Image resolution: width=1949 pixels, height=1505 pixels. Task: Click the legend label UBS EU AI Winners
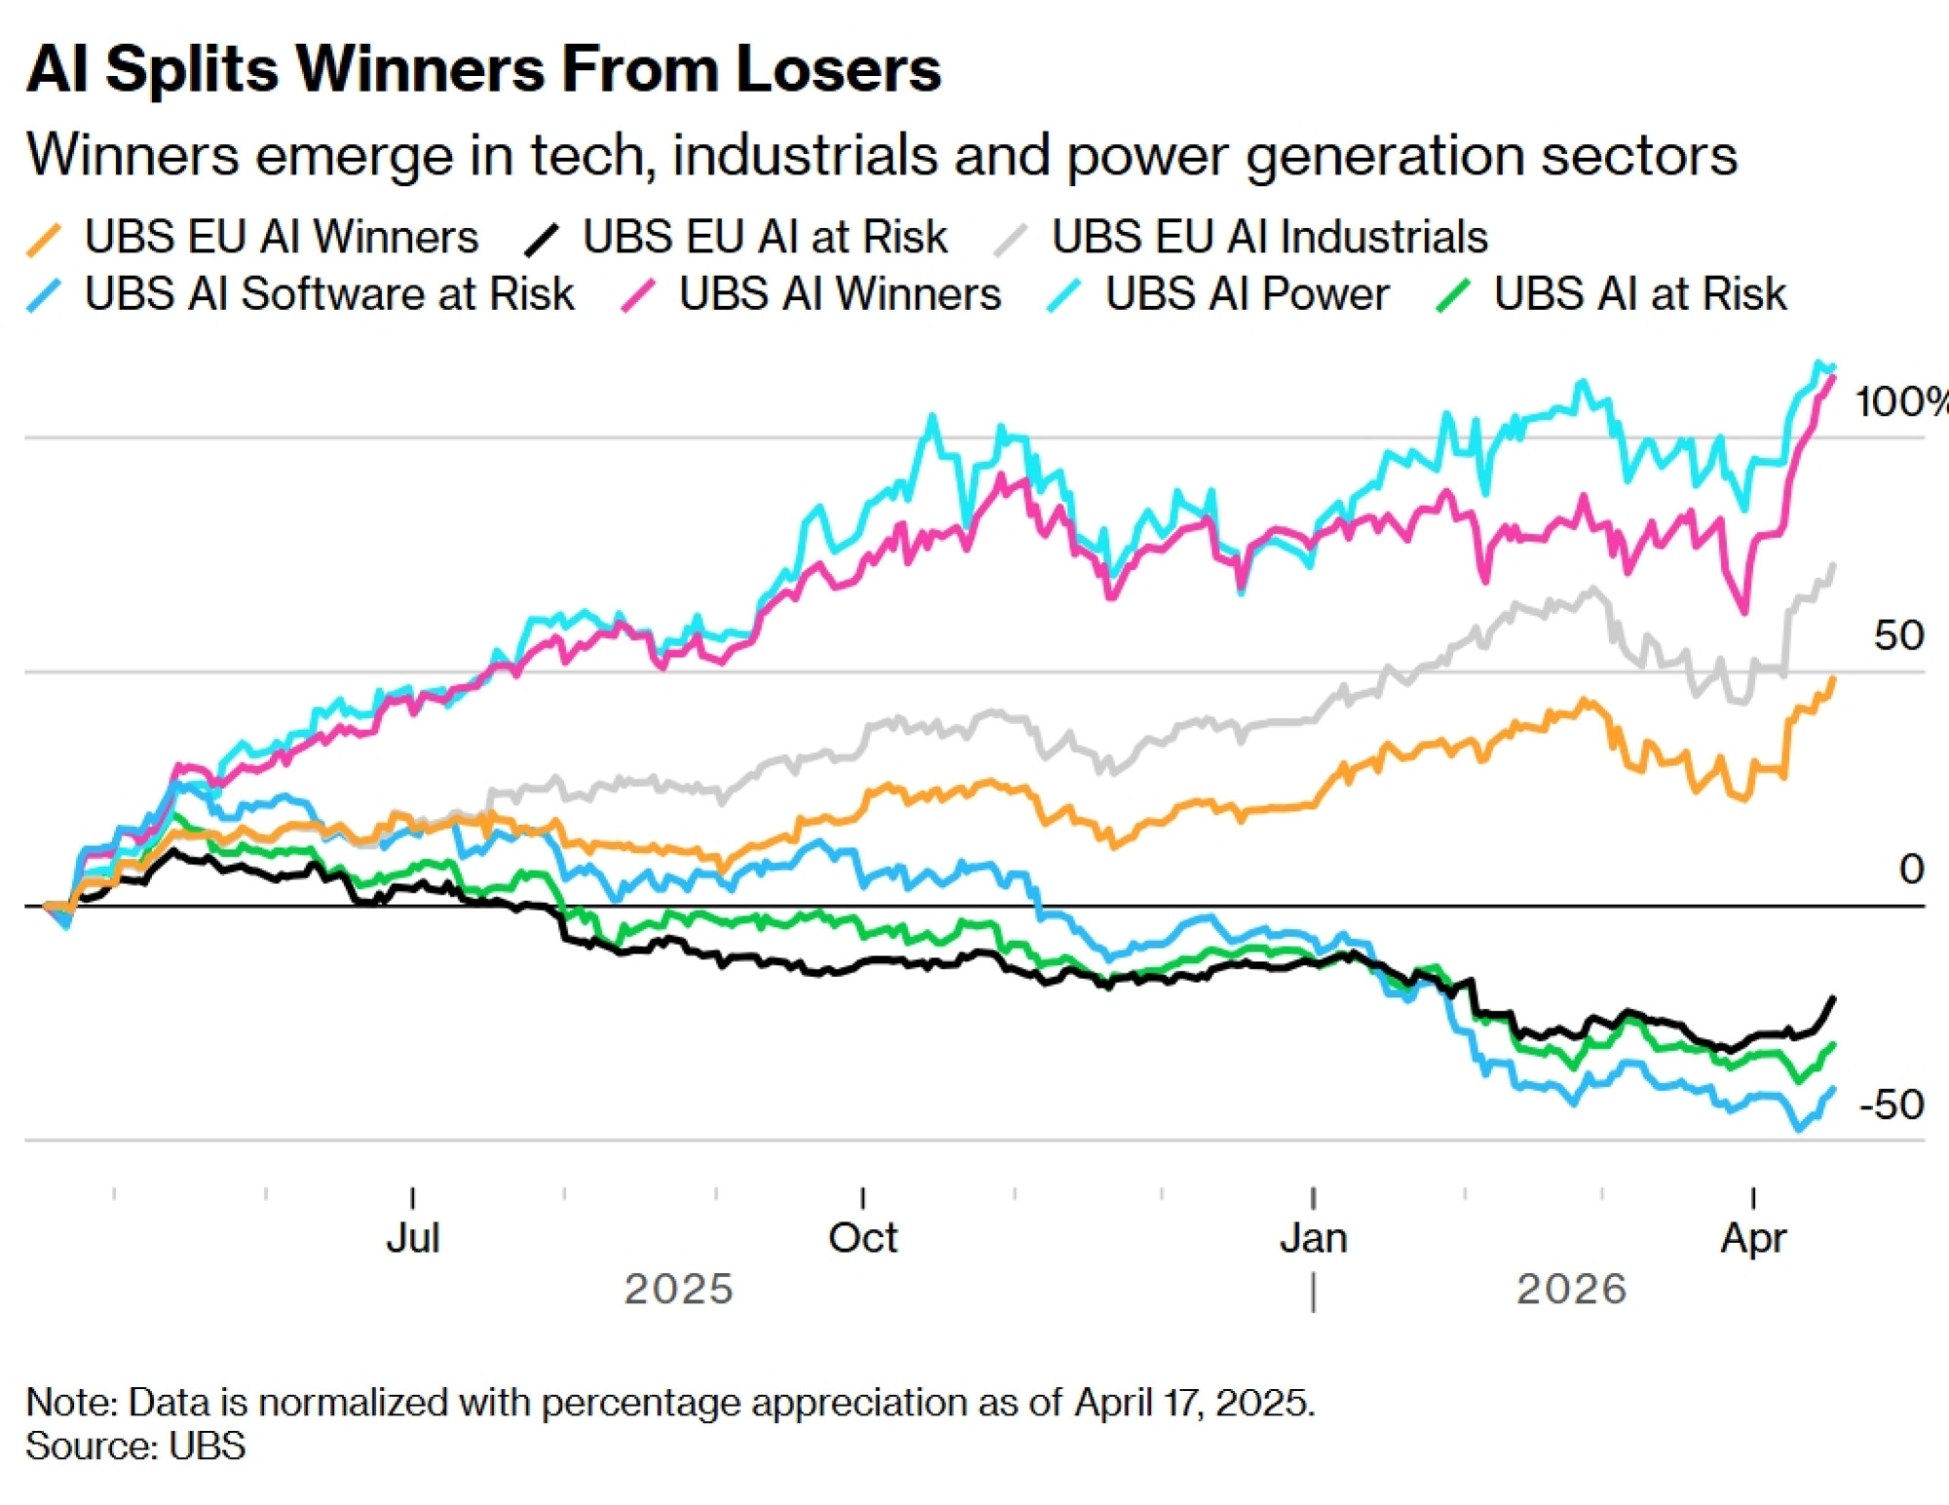tap(281, 237)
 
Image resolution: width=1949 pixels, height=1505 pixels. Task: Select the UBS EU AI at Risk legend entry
tap(764, 237)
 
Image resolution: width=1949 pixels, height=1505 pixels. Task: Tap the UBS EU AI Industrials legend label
tap(1269, 237)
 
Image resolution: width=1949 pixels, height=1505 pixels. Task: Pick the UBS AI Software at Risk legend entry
tap(329, 294)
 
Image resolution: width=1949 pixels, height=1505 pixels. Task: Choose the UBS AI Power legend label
tap(1246, 294)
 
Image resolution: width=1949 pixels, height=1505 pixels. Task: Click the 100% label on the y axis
tap(1898, 402)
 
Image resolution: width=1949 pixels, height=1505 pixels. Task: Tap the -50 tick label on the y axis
tap(1891, 1104)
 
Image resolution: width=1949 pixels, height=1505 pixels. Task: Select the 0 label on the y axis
tap(1911, 868)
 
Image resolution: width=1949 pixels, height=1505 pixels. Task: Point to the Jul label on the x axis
tap(413, 1238)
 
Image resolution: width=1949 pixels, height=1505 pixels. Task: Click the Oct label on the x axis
tap(862, 1238)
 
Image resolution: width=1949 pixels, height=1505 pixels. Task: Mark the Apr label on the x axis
tap(1753, 1238)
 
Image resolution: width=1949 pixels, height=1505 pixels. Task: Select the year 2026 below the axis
tap(1571, 1289)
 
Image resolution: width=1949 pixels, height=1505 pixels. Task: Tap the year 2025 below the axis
tap(678, 1289)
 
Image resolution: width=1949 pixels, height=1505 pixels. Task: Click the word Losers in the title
tap(839, 70)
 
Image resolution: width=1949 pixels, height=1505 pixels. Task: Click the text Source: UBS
tap(135, 1446)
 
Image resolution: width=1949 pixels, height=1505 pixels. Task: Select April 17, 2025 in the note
tap(1194, 1403)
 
